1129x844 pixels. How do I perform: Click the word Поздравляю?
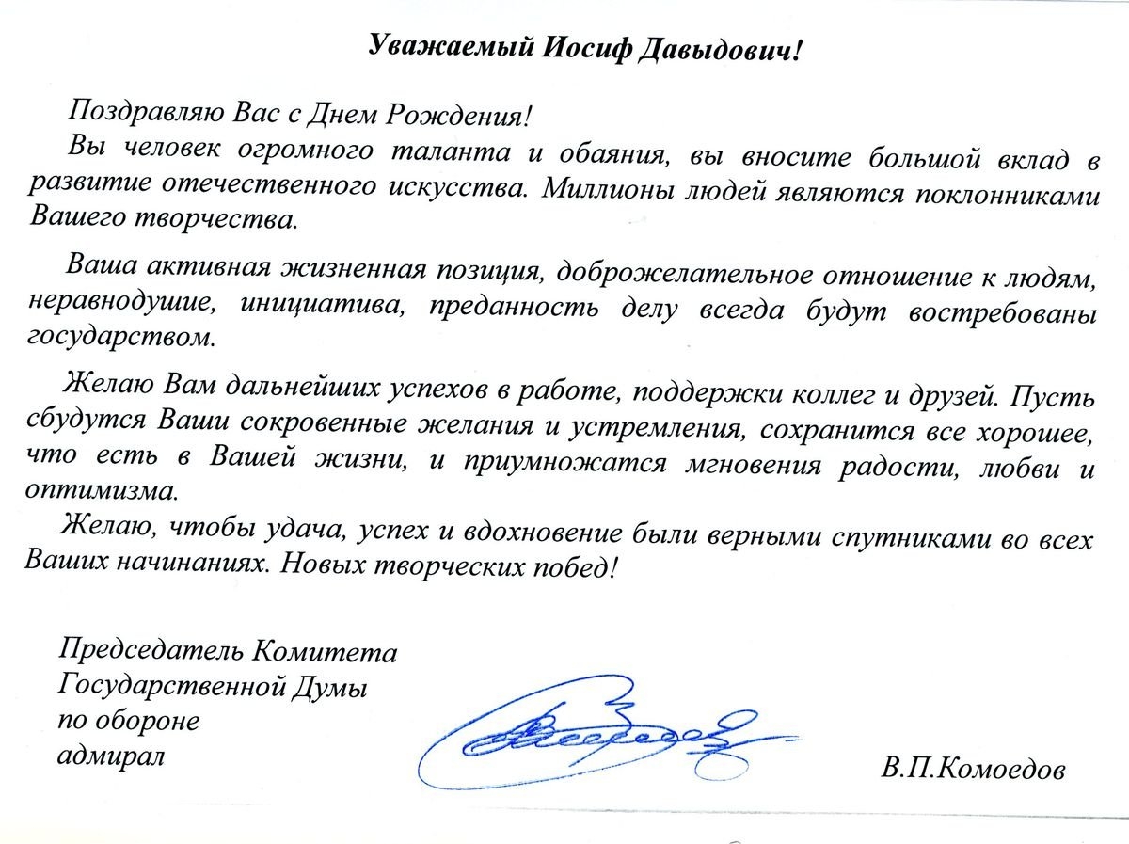pyautogui.click(x=139, y=115)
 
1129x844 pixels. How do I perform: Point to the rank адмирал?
pyautogui.click(x=110, y=756)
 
